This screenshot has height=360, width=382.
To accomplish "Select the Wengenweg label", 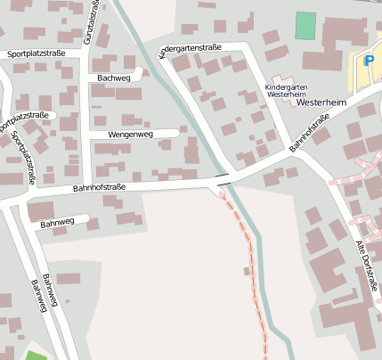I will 130,134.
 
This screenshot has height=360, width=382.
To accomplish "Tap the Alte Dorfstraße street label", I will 367,265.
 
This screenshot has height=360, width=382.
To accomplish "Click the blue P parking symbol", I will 368,60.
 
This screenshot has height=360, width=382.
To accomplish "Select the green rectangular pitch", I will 305,25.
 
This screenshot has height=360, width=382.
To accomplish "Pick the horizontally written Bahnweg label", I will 57,222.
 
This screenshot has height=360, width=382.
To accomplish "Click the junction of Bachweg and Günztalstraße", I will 85,78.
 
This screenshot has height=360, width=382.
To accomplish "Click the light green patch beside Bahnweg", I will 36,356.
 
